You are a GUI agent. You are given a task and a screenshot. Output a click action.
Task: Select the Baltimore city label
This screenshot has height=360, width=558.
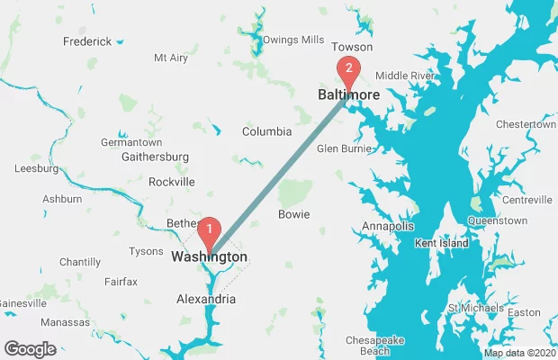pyautogui.click(x=348, y=94)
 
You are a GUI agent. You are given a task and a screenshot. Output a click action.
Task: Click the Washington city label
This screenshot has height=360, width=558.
pyautogui.click(x=209, y=257)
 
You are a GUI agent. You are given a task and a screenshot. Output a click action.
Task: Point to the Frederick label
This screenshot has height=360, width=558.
pyautogui.click(x=87, y=41)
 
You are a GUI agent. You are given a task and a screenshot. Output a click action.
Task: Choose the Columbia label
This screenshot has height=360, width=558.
pyautogui.click(x=266, y=131)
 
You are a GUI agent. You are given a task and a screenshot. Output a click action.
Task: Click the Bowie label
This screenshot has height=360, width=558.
pyautogui.click(x=294, y=214)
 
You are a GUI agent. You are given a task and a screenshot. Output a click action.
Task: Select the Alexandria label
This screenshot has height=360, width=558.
pyautogui.click(x=206, y=299)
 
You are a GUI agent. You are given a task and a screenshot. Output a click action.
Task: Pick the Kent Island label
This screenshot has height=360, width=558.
pyautogui.click(x=441, y=244)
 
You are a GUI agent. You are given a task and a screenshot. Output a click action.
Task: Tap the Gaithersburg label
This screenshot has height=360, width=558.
pyautogui.click(x=155, y=157)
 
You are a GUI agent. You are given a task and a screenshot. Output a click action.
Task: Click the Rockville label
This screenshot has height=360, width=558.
pyautogui.click(x=172, y=182)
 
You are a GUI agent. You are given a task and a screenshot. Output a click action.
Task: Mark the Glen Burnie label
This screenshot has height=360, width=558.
pyautogui.click(x=338, y=149)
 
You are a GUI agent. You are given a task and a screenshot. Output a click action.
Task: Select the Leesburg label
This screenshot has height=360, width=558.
pyautogui.click(x=37, y=168)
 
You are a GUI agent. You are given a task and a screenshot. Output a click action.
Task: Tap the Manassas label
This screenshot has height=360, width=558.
pyautogui.click(x=66, y=322)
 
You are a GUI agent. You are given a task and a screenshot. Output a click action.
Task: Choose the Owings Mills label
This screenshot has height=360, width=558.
pyautogui.click(x=293, y=40)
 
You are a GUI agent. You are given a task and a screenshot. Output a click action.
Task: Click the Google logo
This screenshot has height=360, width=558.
pyautogui.click(x=30, y=348)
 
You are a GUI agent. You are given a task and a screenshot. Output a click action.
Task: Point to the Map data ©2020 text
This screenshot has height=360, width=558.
pyautogui.click(x=520, y=352)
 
